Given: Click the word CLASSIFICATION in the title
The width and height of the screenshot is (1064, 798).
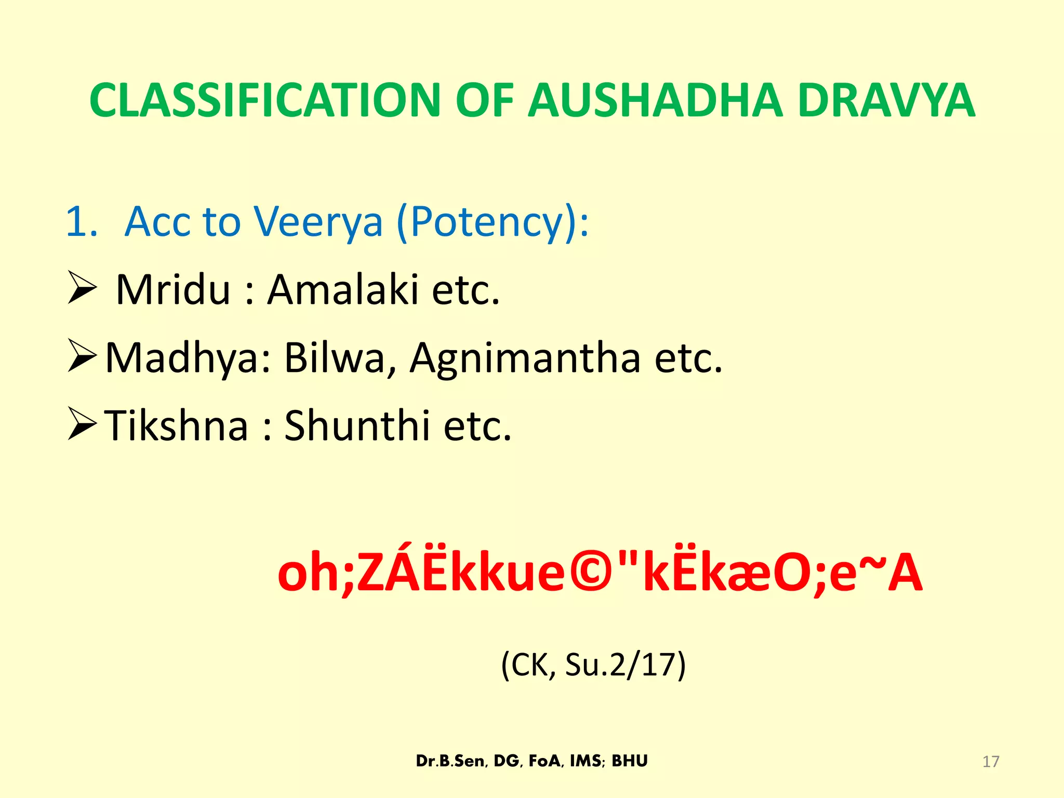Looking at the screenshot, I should point(265,100).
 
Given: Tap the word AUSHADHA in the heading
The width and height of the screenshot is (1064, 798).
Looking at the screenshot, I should point(655,100).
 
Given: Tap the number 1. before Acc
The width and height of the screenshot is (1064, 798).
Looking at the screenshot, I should point(82,222).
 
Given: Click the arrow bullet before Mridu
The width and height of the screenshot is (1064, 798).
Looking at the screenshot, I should point(82,290).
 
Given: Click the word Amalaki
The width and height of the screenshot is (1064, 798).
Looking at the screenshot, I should point(343,290).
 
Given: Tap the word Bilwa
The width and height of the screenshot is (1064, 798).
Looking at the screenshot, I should point(341,357).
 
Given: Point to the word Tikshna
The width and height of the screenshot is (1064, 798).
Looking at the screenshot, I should point(177,425).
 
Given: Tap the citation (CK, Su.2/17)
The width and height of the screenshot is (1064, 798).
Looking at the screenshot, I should point(593,664).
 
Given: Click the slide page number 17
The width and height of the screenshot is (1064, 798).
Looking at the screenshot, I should point(991,762).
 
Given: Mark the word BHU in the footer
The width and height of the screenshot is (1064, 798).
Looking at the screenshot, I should point(630,761).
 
